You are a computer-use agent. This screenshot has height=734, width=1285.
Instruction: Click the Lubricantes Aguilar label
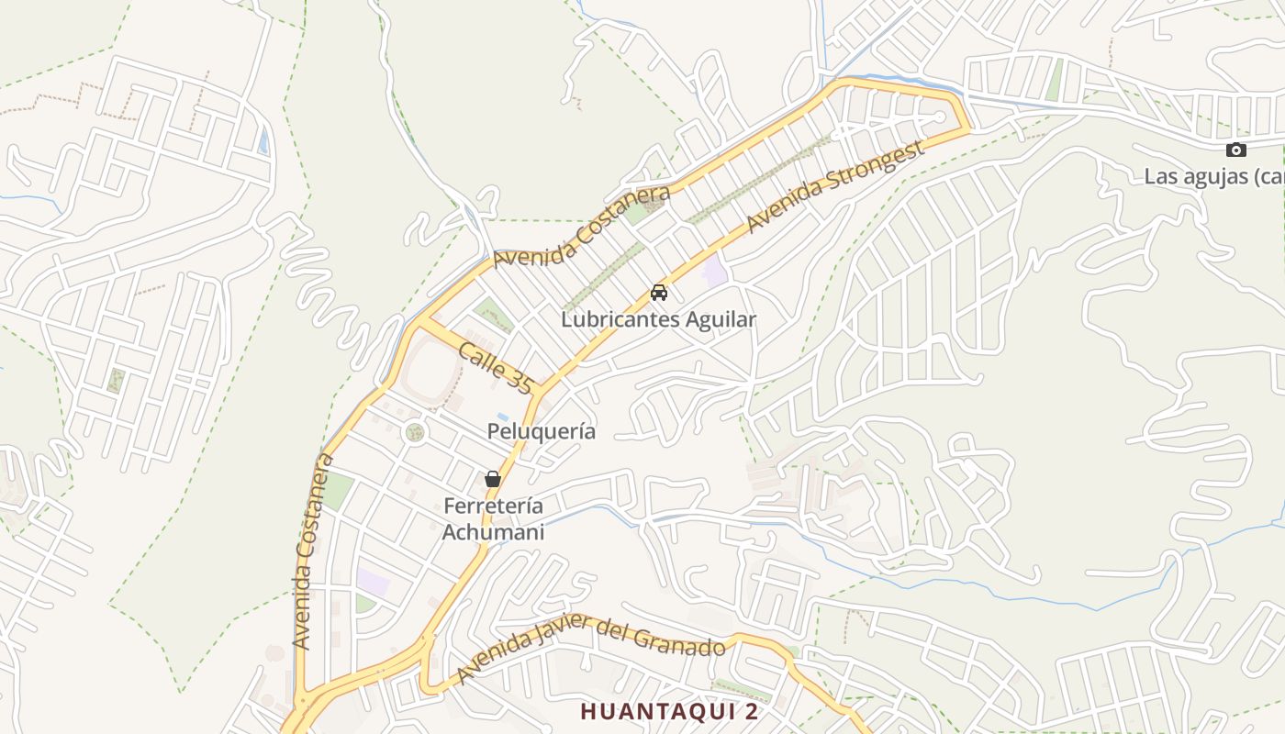coord(658,319)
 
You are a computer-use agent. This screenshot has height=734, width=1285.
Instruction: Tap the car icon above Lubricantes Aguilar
coord(658,293)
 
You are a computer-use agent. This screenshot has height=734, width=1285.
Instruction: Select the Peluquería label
coord(541,431)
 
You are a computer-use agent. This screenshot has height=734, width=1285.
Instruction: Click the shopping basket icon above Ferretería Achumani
coord(493,478)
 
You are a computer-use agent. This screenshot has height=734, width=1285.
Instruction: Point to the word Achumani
coord(493,532)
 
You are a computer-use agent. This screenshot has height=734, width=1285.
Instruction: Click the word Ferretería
coord(493,506)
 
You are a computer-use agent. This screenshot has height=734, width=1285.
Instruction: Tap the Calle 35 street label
coord(496,368)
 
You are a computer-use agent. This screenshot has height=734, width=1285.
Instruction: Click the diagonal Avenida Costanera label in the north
coord(582,228)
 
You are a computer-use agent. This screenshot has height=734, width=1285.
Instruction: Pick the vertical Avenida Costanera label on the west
coord(311,550)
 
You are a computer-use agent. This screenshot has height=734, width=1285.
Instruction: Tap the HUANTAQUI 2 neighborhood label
coord(669,711)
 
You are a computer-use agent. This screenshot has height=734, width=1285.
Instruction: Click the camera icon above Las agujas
coord(1236,150)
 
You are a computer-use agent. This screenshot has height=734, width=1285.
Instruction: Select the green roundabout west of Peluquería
coord(415,431)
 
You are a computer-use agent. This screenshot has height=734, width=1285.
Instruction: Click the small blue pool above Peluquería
coord(503,417)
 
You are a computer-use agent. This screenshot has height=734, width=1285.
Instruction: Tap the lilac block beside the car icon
coord(714,272)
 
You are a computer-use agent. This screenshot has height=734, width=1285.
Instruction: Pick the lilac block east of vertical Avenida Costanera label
coord(373,581)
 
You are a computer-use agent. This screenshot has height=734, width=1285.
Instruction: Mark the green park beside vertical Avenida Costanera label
coord(337,491)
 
